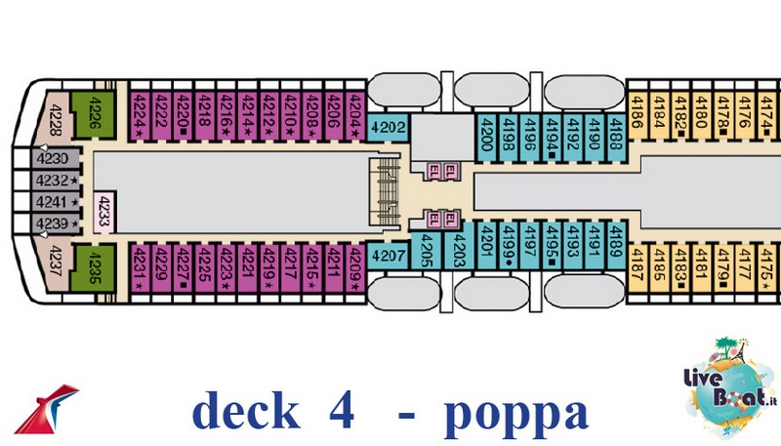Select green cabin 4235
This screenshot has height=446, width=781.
tap(94, 265)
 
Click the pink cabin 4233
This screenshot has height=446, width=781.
tap(103, 208)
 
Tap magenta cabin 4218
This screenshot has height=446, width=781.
tap(204, 116)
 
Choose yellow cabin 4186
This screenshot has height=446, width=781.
tap(637, 120)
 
